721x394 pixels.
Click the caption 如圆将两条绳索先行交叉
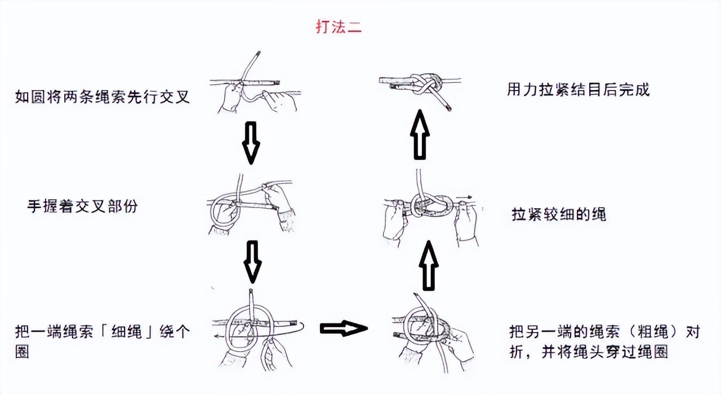click(102, 97)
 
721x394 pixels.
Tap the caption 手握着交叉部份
click(82, 207)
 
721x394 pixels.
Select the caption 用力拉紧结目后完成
click(578, 90)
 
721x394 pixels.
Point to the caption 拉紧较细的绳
click(559, 214)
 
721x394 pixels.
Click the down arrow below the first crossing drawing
click(251, 142)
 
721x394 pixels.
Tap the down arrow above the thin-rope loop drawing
click(252, 262)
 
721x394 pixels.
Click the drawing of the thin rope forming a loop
click(256, 326)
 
